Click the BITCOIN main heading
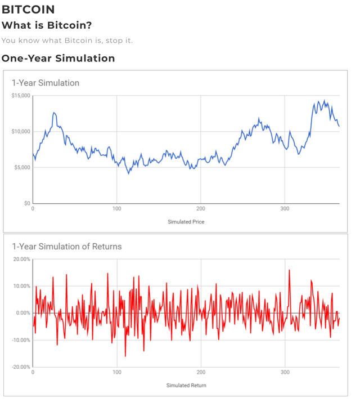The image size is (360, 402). pyautogui.click(x=28, y=10)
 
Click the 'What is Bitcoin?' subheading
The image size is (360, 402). pyautogui.click(x=47, y=25)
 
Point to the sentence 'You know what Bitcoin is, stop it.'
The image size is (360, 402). pyautogui.click(x=67, y=41)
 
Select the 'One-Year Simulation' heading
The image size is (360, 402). pyautogui.click(x=58, y=58)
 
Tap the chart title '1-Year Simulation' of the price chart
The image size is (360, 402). pyautogui.click(x=46, y=83)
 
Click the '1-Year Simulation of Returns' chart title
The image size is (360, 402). pyautogui.click(x=66, y=247)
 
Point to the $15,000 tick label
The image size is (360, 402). pyautogui.click(x=20, y=96)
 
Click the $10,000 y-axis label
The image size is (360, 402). pyautogui.click(x=20, y=132)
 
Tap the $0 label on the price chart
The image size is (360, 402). pyautogui.click(x=27, y=203)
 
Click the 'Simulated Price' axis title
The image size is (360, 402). pyautogui.click(x=186, y=222)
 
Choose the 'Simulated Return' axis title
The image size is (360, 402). pyautogui.click(x=186, y=385)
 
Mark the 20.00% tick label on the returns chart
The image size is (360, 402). pyautogui.click(x=21, y=259)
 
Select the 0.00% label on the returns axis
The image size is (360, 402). pyautogui.click(x=22, y=313)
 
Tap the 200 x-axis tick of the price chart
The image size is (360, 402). pyautogui.click(x=201, y=209)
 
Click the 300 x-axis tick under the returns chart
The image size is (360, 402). pyautogui.click(x=285, y=372)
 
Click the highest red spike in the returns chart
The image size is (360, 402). pyautogui.click(x=289, y=270)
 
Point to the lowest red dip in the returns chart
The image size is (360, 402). pyautogui.click(x=125, y=356)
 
